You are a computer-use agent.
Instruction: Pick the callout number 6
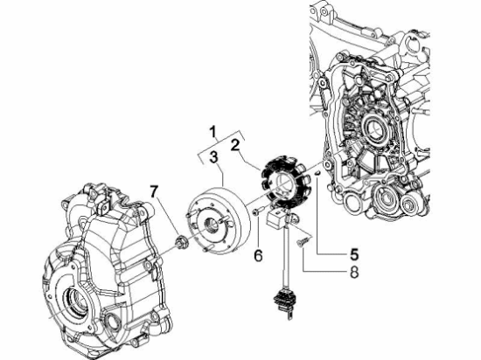[258, 254]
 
